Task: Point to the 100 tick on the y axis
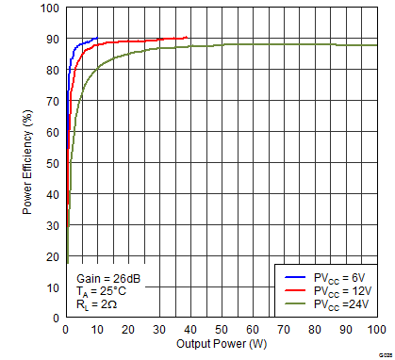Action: tap(50, 8)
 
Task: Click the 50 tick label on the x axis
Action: tap(222, 330)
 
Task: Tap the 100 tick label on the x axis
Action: tap(376, 330)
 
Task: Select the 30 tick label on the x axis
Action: tap(159, 330)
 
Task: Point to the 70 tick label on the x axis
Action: tap(284, 330)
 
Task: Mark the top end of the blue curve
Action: tap(97, 39)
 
